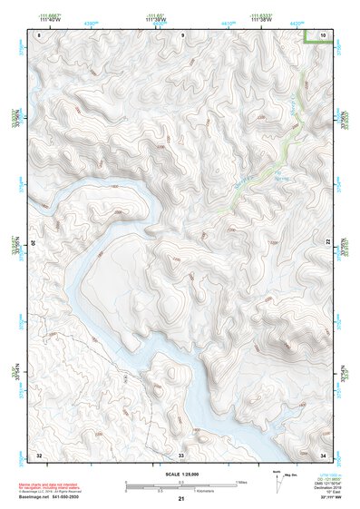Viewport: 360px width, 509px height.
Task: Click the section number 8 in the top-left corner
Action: pyautogui.click(x=39, y=35)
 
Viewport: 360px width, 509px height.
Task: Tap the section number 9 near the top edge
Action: pyautogui.click(x=181, y=35)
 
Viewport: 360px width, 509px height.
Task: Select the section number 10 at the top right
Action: pyautogui.click(x=324, y=35)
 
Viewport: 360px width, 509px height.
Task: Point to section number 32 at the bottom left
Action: pyautogui.click(x=39, y=453)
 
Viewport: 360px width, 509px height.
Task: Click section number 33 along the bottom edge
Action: pyautogui.click(x=181, y=453)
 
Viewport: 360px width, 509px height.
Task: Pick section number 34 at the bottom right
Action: pyautogui.click(x=324, y=453)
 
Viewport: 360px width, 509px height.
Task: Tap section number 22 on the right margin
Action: pyautogui.click(x=328, y=243)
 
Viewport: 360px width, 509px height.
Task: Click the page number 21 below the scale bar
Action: pyautogui.click(x=181, y=499)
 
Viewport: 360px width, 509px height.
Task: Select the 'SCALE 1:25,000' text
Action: pyautogui.click(x=180, y=474)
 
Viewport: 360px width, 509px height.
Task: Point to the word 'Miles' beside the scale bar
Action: pyautogui.click(x=241, y=481)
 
